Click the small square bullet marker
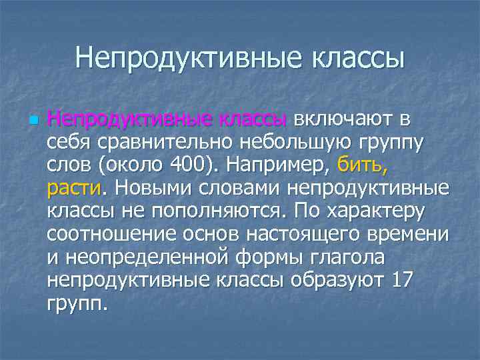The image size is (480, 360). coord(32,121)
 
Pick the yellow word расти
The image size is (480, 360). coord(73,189)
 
